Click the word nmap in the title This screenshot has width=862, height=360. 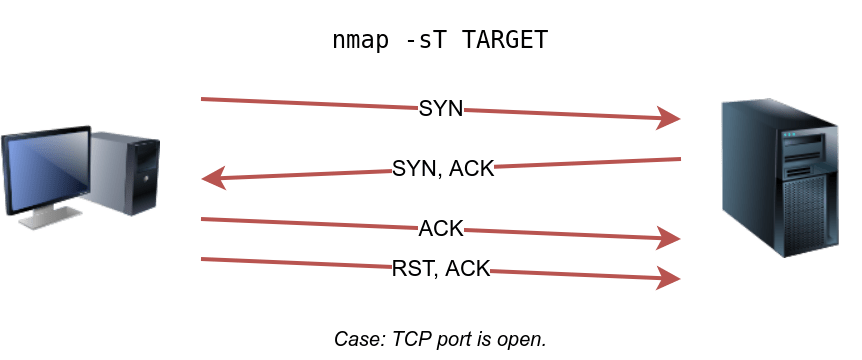pyautogui.click(x=360, y=41)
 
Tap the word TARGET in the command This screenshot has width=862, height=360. pyautogui.click(x=505, y=40)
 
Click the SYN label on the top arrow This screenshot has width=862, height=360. pyautogui.click(x=441, y=108)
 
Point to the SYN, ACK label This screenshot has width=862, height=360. pyautogui.click(x=443, y=168)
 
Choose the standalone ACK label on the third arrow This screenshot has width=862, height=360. pyautogui.click(x=441, y=228)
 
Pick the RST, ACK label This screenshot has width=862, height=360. pyautogui.click(x=440, y=268)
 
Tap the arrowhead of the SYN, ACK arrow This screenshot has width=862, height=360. pyautogui.click(x=214, y=178)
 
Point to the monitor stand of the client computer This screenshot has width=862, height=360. pyautogui.click(x=45, y=216)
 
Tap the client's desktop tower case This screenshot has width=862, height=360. pyautogui.click(x=125, y=173)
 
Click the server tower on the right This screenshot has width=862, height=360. pyautogui.click(x=781, y=177)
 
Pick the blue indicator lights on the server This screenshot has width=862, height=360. pyautogui.click(x=789, y=134)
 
